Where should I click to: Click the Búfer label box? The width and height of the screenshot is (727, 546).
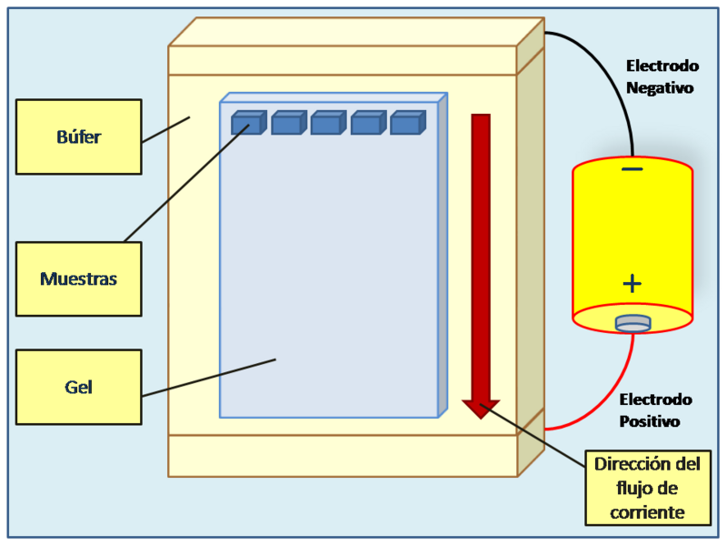(79, 136)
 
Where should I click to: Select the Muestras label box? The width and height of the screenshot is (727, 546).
(79, 278)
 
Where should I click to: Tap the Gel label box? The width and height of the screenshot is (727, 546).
(79, 387)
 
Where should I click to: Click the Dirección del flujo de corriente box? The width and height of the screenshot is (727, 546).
(648, 489)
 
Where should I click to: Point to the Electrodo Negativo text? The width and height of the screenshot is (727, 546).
(662, 77)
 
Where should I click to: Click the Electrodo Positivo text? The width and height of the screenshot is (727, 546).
(655, 410)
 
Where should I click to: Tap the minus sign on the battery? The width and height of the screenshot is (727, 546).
(632, 170)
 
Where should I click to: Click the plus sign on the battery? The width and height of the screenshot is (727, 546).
(632, 284)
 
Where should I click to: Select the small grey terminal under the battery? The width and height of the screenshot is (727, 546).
(632, 322)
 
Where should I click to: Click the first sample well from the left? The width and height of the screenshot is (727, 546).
(248, 123)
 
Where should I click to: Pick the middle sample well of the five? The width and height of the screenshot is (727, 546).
(327, 123)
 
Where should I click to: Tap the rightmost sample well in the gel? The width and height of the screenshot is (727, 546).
(407, 123)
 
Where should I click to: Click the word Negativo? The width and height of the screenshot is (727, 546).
(661, 89)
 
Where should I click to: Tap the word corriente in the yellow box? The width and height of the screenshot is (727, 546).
(648, 512)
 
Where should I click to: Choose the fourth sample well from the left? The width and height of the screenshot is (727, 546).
(367, 123)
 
